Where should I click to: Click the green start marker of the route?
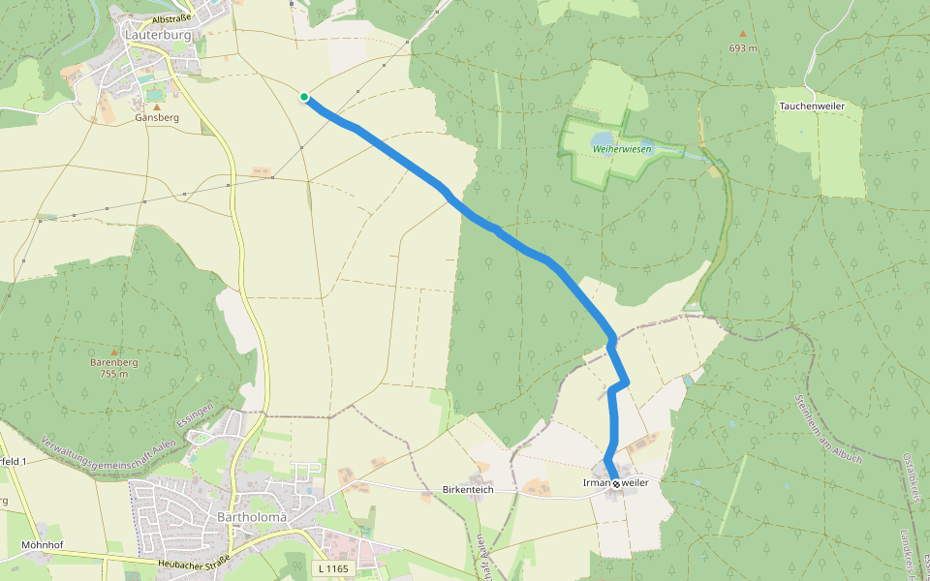(x=304, y=97)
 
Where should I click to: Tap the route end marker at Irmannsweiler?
(x=616, y=483)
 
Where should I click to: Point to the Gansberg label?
(x=157, y=118)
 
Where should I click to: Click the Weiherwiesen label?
(x=622, y=149)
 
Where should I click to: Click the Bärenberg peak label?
(x=114, y=363)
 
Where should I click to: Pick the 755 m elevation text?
(x=114, y=374)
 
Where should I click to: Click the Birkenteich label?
(x=469, y=490)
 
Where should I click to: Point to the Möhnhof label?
(x=42, y=545)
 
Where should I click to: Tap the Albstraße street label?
(x=174, y=18)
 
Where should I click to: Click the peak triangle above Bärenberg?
(x=114, y=352)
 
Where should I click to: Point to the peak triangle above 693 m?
(x=743, y=34)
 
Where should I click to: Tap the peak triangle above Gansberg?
(x=157, y=107)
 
